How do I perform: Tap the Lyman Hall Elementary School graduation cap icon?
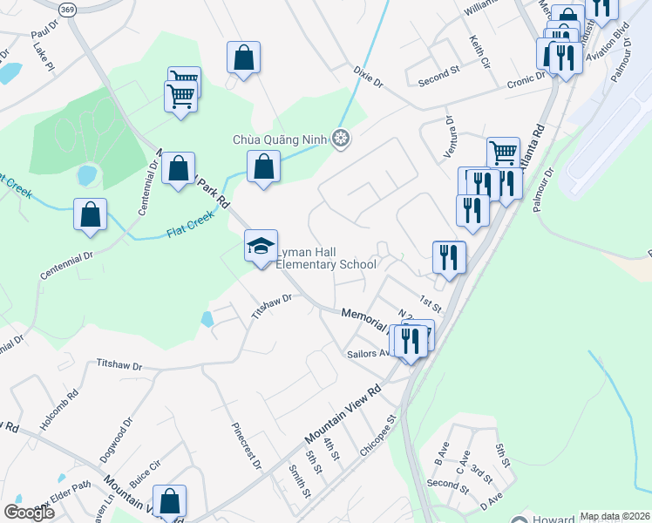(x=261, y=247)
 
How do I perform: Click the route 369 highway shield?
(x=68, y=8)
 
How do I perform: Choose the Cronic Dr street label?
(x=526, y=81)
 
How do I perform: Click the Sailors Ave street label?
(x=369, y=354)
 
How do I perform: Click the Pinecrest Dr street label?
(x=247, y=446)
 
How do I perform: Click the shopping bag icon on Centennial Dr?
(x=90, y=214)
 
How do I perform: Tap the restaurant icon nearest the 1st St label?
(x=449, y=256)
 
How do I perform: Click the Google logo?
(x=29, y=512)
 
